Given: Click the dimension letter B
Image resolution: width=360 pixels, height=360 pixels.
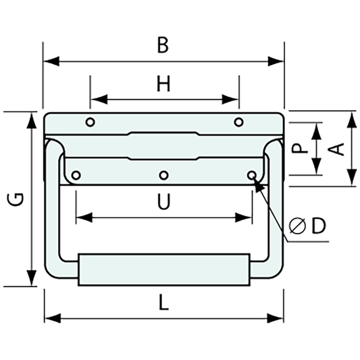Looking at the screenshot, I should click(x=162, y=45).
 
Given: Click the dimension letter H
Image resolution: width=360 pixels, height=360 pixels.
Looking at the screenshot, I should click(x=163, y=84).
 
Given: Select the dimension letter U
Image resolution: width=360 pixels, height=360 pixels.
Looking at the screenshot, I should click(x=163, y=202).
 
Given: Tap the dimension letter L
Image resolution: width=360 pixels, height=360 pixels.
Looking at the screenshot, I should click(x=162, y=303).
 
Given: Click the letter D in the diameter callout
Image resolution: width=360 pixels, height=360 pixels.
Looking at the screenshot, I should click(x=319, y=226).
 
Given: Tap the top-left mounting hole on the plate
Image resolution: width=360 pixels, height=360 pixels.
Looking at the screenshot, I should click(x=90, y=122).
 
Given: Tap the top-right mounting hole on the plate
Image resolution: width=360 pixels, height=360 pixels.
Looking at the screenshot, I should click(x=238, y=122).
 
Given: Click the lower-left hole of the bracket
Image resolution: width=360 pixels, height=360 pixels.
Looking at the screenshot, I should click(x=76, y=176).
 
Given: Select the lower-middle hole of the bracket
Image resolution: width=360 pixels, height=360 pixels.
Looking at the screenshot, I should click(x=163, y=176).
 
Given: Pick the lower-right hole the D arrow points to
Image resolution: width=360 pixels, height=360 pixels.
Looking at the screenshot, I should click(x=252, y=176).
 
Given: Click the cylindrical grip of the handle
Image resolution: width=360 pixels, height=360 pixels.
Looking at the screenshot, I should click(x=163, y=269).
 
